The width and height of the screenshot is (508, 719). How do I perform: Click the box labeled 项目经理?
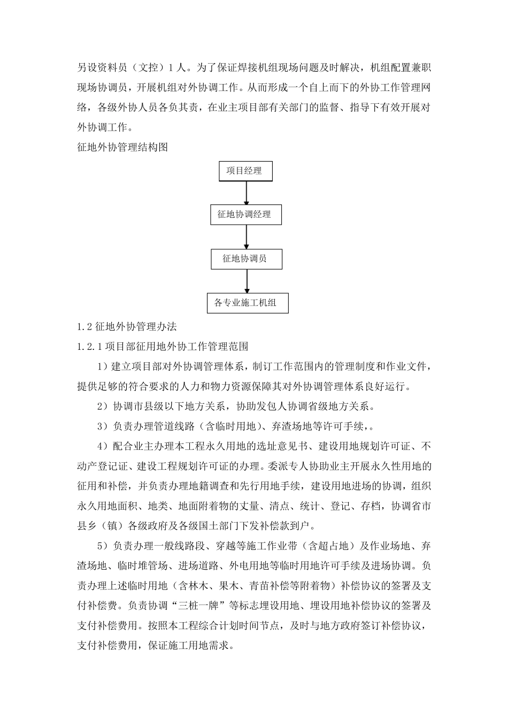245,171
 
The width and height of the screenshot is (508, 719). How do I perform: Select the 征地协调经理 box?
245,215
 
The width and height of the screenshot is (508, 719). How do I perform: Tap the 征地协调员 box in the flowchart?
246,259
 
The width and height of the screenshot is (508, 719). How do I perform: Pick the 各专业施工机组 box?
247,303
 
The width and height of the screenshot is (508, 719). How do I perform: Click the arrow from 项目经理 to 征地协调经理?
246,193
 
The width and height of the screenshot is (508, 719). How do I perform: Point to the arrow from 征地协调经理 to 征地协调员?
246,236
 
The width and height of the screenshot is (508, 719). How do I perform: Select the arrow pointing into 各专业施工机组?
247,280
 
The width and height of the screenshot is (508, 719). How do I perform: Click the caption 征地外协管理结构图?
122,147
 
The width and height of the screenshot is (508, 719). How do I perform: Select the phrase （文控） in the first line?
144,68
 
